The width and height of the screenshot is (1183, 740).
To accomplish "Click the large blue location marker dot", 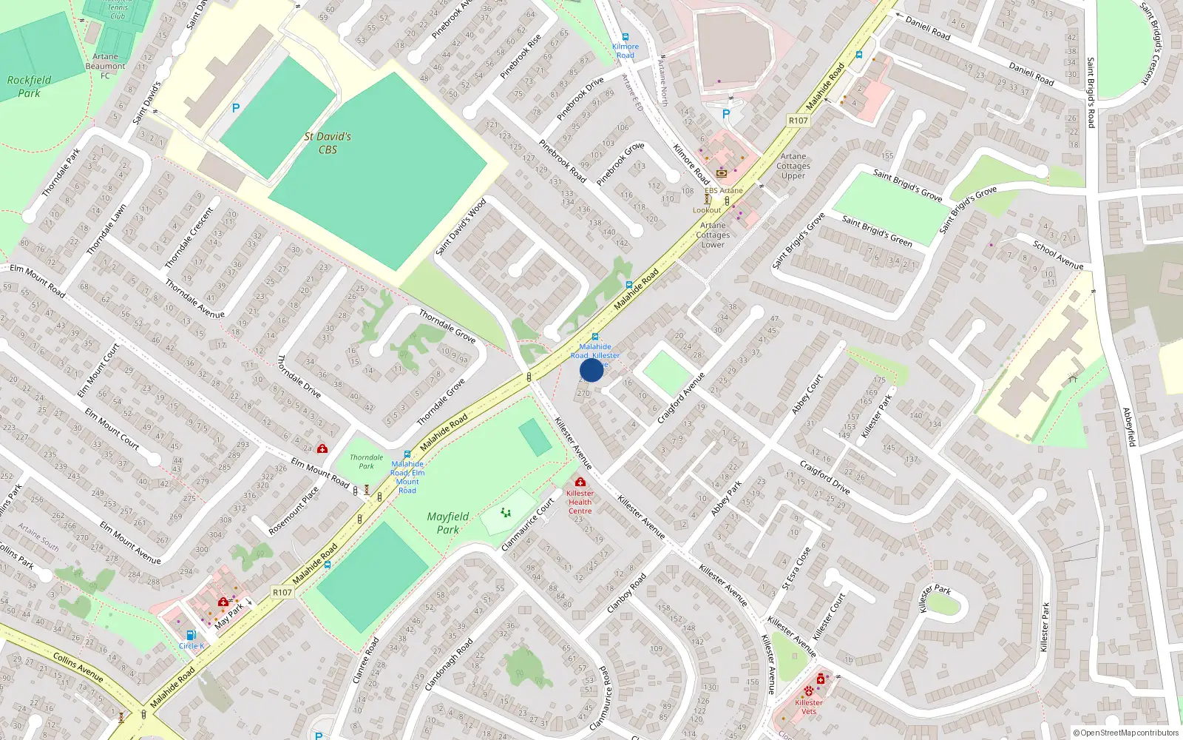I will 591,370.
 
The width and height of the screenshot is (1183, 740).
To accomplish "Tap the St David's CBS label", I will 328,143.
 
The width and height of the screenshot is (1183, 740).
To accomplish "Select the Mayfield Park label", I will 447,522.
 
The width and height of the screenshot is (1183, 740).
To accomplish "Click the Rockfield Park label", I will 29,86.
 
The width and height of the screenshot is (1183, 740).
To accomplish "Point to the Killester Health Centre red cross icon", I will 580,482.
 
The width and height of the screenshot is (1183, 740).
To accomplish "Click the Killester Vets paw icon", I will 809,691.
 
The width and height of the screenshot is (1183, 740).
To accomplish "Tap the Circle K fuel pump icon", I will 191,635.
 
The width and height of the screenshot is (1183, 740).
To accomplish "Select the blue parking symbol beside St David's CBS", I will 236,108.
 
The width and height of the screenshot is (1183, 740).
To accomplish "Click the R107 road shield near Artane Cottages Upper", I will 798,120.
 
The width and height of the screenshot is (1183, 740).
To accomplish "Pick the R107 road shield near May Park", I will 282,592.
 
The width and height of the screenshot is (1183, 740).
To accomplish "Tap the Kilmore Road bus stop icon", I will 626,37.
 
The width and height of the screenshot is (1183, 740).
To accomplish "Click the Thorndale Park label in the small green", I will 366,462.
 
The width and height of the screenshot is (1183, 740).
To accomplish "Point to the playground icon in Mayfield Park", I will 506,512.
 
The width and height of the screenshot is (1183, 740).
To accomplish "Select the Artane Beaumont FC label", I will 105,66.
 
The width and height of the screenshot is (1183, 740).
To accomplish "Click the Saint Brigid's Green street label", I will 878,231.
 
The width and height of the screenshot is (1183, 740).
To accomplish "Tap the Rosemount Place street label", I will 294,510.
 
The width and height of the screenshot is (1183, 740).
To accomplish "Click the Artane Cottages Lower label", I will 713,235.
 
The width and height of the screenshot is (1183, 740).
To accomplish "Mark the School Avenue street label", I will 1058,255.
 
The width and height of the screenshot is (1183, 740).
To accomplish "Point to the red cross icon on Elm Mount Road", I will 322,448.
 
